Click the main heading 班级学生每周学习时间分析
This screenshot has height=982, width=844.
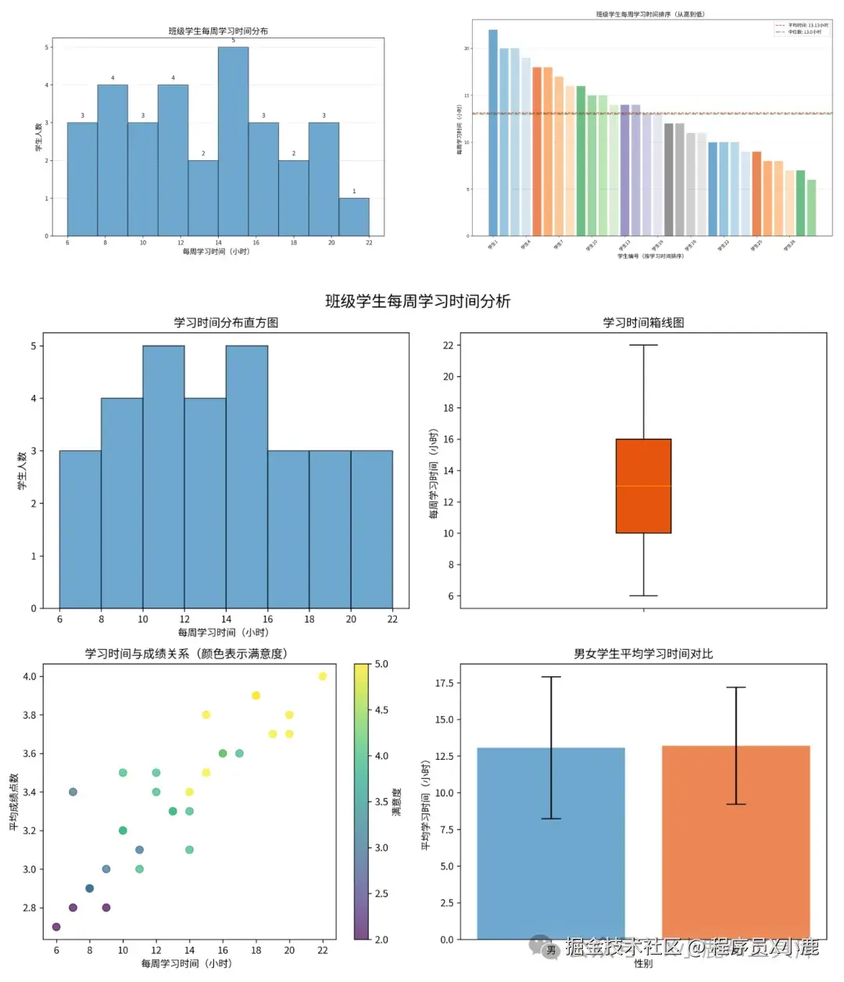coord(417,302)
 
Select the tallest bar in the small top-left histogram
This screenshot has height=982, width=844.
coord(233,141)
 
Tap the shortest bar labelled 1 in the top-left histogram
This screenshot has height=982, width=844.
coord(354,217)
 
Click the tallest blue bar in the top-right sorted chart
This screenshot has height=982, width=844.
coord(493,132)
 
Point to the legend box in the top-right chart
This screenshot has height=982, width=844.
coord(801,28)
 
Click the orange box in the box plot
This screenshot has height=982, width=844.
coord(643,486)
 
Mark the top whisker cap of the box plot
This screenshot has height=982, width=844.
coord(643,346)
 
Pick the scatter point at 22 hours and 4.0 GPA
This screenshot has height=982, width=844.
coord(323,676)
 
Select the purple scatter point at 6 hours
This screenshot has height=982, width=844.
coord(56,926)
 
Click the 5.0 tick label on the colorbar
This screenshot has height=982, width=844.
coord(381,664)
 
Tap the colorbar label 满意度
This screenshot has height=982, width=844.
coord(396,802)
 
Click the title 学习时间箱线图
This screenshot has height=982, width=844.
coord(643,323)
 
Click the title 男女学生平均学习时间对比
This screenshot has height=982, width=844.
coord(643,654)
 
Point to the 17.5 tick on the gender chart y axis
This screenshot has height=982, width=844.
coord(444,683)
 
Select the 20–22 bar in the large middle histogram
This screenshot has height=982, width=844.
coord(371,529)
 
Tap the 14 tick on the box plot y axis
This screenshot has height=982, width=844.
coord(448,471)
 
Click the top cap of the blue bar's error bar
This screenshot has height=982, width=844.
coord(551,677)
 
